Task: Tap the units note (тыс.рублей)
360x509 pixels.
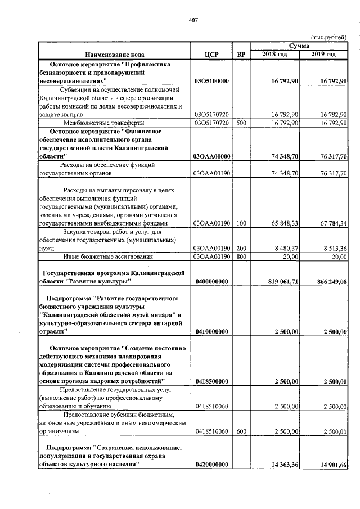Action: tap(328, 37)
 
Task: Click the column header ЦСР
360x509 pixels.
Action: tap(211, 55)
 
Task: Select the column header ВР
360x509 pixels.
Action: tap(241, 55)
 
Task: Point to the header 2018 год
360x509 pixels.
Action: tap(275, 54)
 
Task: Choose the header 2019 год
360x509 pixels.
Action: tap(324, 54)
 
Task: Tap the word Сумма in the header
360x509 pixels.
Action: tap(299, 46)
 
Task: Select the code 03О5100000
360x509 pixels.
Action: tap(211, 82)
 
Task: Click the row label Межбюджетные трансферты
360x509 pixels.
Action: tap(103, 122)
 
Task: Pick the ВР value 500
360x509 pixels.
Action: tap(241, 122)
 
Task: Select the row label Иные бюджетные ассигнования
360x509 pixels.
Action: tap(108, 256)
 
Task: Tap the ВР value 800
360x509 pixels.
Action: tap(241, 256)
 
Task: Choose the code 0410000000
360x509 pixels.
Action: tap(211, 332)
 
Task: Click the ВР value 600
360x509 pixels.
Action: tap(241, 431)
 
